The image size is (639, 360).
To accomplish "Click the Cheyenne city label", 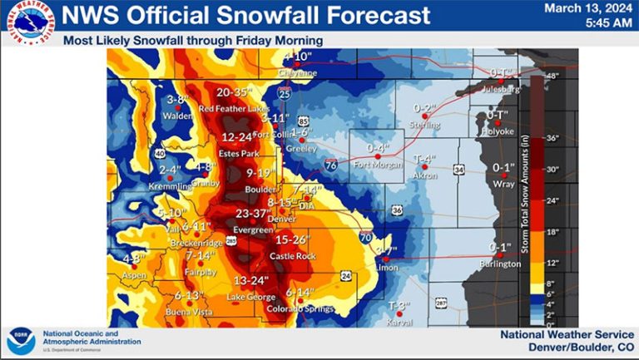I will pos(297,73).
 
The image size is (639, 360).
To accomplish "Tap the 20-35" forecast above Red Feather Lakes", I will pos(233,92).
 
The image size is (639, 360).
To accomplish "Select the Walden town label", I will pos(177,116).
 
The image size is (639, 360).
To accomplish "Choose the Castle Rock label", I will pos(290,256).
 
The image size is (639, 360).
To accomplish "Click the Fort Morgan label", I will pos(378,164).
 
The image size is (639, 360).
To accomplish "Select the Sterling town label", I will pos(424,125).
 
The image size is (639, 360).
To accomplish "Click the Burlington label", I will pos(500,264).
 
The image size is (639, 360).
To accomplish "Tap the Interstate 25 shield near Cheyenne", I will pos(285,95).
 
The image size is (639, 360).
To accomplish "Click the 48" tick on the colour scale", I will pos(550,76).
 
